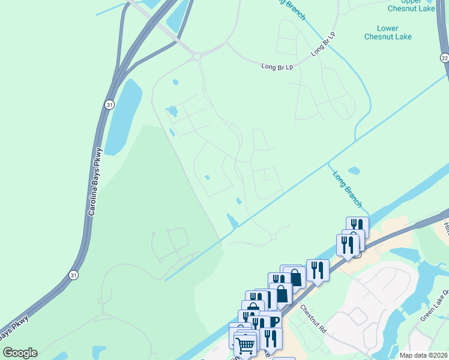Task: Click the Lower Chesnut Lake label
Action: [x=387, y=32]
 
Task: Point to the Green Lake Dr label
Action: [x=434, y=306]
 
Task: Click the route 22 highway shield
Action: [x=444, y=57]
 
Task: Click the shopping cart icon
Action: [x=245, y=344]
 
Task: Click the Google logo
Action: [x=20, y=353]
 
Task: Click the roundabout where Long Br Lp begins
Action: [x=197, y=56]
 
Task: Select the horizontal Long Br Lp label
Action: [x=277, y=66]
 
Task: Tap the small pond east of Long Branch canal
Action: [x=354, y=170]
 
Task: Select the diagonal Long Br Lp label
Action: [x=322, y=45]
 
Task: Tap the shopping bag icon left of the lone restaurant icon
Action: [x=295, y=277]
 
